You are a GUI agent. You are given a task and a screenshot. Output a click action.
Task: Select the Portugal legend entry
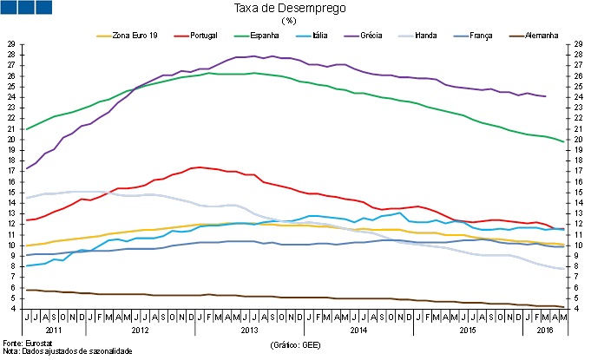click(200, 35)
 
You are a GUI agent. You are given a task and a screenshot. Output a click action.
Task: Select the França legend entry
click(480, 35)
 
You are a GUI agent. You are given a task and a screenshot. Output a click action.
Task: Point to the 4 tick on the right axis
click(578, 309)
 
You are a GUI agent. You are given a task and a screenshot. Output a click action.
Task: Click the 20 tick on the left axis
click(12, 140)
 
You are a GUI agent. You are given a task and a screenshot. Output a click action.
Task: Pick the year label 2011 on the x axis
click(54, 331)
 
